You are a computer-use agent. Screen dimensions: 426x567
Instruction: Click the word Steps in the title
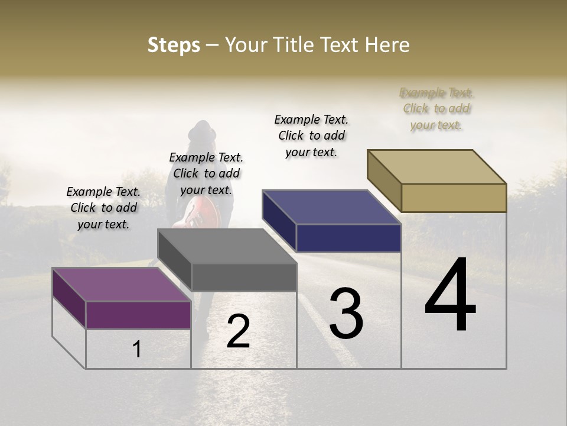tap(174, 45)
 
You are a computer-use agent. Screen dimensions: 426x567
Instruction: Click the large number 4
tap(450, 295)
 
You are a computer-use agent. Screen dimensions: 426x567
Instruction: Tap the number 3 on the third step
tap(346, 313)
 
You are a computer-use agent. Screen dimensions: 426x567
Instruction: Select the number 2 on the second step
tap(238, 331)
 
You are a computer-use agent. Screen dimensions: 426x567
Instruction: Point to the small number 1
tap(137, 350)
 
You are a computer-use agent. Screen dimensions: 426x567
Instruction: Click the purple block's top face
tap(121, 284)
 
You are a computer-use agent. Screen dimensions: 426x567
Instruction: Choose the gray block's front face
tap(243, 277)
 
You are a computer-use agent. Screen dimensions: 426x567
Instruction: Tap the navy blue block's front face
tap(348, 238)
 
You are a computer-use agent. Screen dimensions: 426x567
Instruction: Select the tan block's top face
tap(437, 166)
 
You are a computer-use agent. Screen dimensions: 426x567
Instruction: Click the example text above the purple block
tap(103, 208)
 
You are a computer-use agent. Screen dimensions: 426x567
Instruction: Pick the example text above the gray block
tap(206, 173)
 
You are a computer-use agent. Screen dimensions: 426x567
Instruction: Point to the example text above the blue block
tap(311, 135)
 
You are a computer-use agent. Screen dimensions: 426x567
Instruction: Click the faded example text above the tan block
tap(436, 108)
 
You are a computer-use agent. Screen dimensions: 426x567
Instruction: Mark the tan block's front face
tap(454, 198)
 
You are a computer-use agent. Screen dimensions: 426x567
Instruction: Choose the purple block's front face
tap(138, 315)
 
